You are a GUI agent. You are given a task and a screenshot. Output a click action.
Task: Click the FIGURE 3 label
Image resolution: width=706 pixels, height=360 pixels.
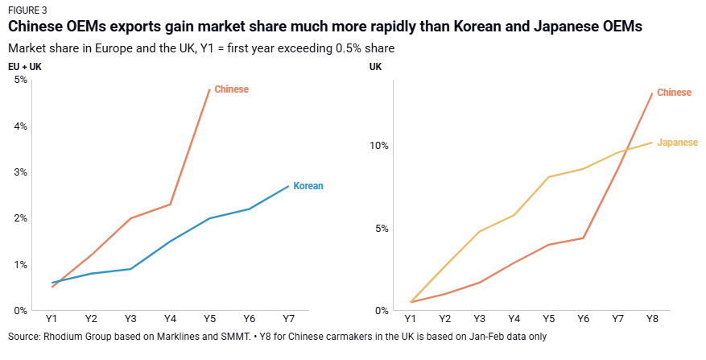(27, 10)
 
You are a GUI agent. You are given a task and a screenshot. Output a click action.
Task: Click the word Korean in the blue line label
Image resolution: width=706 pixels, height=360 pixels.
(308, 186)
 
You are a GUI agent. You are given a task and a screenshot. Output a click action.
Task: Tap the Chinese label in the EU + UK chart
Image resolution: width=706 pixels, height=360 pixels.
(231, 89)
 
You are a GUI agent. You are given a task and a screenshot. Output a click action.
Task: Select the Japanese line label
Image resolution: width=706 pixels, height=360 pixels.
(677, 143)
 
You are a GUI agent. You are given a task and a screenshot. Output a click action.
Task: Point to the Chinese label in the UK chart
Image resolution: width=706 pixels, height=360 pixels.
(674, 93)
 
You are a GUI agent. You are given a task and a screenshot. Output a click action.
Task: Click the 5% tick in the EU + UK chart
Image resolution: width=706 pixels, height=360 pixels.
(21, 80)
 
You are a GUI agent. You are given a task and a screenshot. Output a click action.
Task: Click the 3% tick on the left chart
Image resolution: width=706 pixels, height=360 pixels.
(21, 172)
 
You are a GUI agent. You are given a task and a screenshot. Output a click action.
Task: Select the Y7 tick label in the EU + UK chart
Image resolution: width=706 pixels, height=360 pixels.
(288, 320)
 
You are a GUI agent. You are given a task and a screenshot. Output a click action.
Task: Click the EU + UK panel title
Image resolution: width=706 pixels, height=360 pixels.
(24, 66)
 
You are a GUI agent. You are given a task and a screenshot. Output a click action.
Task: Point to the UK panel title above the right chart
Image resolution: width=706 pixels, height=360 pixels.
(375, 66)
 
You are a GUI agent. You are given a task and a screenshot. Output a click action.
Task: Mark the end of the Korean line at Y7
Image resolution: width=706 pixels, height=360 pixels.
(288, 186)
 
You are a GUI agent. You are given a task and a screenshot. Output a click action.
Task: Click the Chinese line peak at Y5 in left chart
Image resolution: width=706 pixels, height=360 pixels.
(209, 89)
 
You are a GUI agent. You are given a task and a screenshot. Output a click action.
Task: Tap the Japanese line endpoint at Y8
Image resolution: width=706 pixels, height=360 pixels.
(651, 143)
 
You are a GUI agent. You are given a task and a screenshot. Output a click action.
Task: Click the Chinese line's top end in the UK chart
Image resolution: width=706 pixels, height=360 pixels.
(651, 93)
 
